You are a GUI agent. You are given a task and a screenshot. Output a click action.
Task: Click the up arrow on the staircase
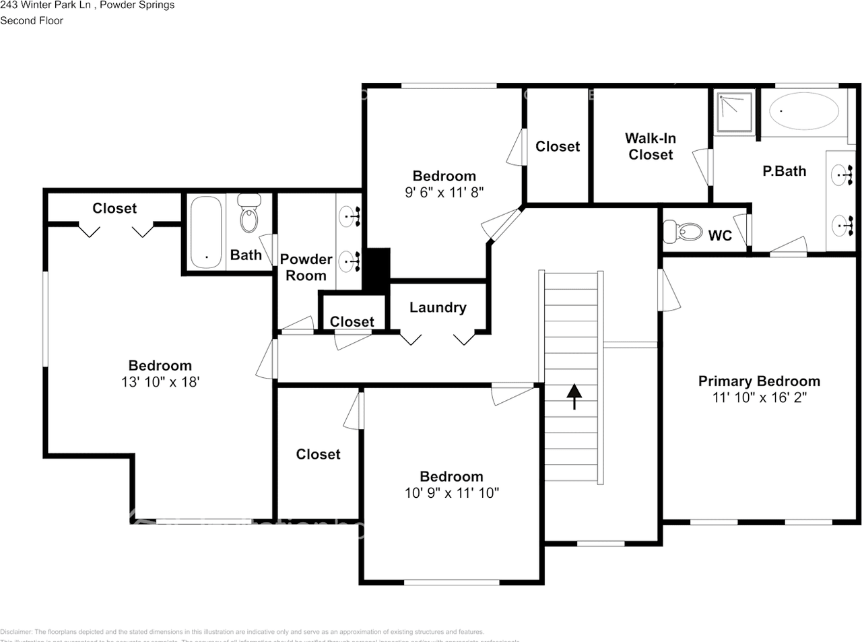pos(573,396)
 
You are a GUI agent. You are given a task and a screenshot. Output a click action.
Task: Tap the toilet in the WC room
pos(682,232)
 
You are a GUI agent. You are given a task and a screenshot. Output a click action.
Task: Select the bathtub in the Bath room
pos(206,232)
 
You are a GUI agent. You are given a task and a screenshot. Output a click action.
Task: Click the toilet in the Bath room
pos(249,214)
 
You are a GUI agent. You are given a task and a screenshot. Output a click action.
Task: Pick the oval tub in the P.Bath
pos(804,111)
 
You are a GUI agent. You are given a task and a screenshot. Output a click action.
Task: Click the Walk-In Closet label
pos(651,146)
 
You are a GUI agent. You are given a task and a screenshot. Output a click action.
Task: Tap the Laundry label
pos(438,307)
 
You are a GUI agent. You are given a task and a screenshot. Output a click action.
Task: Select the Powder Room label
pos(306,267)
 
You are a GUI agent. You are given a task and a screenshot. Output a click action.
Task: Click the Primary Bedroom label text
pos(759,381)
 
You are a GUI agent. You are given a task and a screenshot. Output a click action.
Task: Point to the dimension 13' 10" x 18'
pos(160,382)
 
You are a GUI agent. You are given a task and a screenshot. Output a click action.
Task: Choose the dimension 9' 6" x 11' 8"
pos(444,193)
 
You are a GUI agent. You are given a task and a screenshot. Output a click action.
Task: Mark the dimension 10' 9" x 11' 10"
pos(451,493)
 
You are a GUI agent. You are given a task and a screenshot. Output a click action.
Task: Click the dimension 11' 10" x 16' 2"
pos(759,397)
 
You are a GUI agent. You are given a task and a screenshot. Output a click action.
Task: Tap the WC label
pos(720,235)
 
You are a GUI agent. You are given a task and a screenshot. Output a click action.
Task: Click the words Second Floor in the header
pos(32,20)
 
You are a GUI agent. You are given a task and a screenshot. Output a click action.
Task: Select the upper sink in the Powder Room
pos(350,216)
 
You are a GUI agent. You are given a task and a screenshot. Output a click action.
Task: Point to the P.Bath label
pos(784,171)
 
